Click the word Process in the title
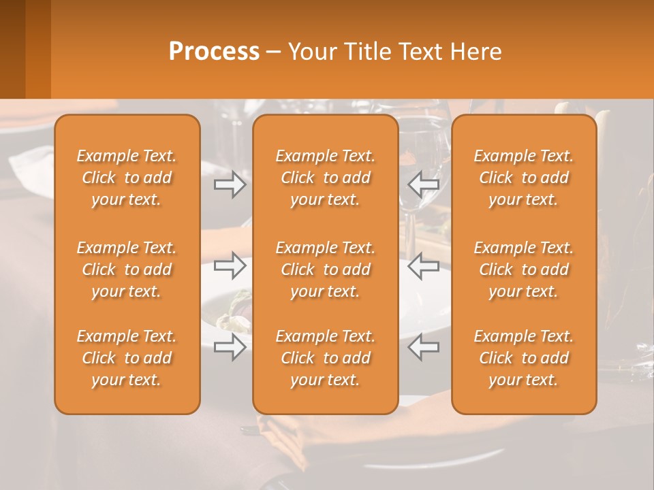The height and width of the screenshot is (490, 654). (214, 52)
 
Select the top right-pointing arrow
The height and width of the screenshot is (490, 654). (230, 184)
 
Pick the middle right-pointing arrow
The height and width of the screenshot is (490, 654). (230, 265)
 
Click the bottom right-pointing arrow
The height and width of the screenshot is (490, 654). (230, 348)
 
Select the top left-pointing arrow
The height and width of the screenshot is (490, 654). (423, 184)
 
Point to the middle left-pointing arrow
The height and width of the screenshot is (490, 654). (423, 265)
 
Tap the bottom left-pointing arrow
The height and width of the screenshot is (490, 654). (423, 348)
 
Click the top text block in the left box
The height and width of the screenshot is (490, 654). (127, 178)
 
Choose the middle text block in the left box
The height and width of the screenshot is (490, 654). (127, 269)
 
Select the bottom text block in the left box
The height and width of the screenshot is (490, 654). (127, 358)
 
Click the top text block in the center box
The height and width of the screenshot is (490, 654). (326, 178)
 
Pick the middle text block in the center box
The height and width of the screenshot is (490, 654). (326, 269)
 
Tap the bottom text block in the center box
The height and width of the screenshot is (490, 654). (326, 358)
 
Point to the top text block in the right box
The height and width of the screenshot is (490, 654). (524, 178)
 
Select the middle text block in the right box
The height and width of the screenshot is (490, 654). (524, 269)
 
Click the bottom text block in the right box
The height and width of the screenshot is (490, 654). (524, 358)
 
